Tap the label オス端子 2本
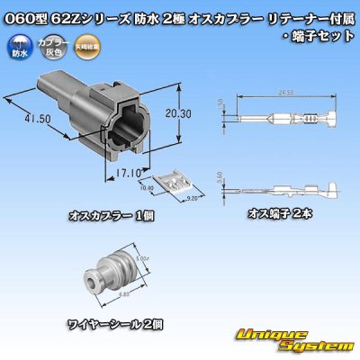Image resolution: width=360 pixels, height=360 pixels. click(282, 215)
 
